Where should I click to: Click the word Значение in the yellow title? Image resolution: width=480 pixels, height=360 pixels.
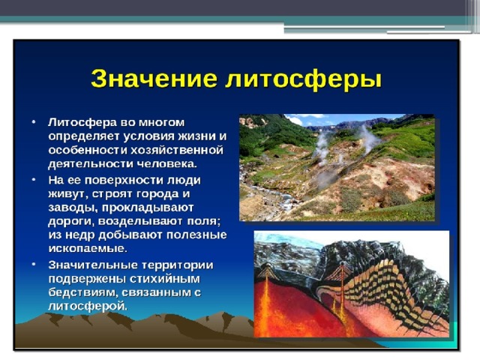[154, 79]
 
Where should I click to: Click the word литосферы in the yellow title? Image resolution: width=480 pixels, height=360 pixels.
[303, 80]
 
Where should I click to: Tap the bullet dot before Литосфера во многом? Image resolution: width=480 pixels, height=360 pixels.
[33, 121]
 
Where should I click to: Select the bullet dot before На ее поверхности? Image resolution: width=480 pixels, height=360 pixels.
[33, 179]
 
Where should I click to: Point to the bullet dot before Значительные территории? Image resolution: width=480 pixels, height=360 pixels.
[33, 264]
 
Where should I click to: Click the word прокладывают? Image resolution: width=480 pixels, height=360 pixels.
[148, 208]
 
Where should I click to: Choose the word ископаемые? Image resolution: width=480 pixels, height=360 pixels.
[88, 248]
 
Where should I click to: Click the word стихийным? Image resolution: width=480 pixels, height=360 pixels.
[165, 279]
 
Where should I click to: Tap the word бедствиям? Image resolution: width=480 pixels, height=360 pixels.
[82, 292]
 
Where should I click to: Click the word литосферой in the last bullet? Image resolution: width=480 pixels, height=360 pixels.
[88, 306]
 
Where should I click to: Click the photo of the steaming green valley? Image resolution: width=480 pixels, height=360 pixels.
[337, 167]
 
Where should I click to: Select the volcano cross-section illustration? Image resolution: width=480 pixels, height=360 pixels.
[352, 283]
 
